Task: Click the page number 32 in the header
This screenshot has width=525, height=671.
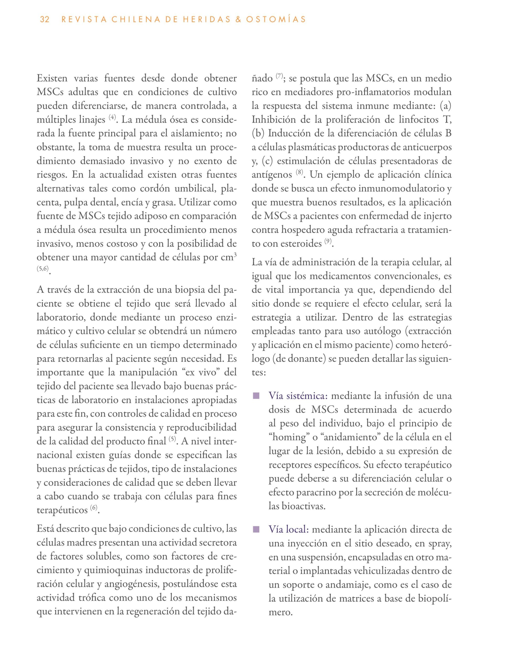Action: click(x=45, y=20)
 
